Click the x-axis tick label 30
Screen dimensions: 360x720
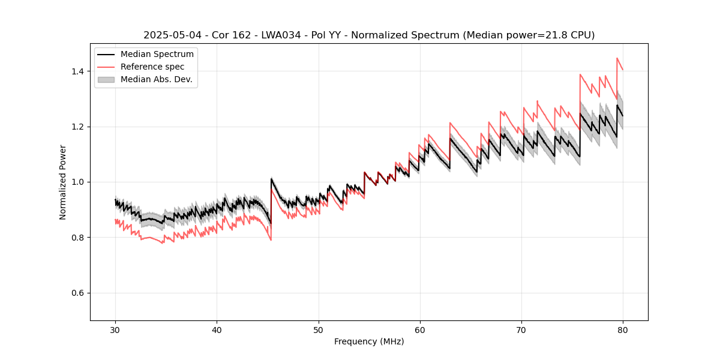click(115, 329)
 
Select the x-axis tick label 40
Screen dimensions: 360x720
click(217, 329)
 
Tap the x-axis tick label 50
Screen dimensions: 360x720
click(318, 329)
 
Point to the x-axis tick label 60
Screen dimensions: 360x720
click(420, 329)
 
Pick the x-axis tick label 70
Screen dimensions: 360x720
click(521, 329)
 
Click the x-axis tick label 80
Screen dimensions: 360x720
click(623, 329)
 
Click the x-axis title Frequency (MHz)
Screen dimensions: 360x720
click(369, 341)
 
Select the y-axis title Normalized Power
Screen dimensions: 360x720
click(63, 182)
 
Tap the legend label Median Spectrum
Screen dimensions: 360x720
click(157, 55)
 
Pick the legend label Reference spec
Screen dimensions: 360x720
click(152, 67)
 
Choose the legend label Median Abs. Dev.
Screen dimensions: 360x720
click(156, 79)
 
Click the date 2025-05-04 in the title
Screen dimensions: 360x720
click(169, 35)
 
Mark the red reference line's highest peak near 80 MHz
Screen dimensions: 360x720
click(617, 58)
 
